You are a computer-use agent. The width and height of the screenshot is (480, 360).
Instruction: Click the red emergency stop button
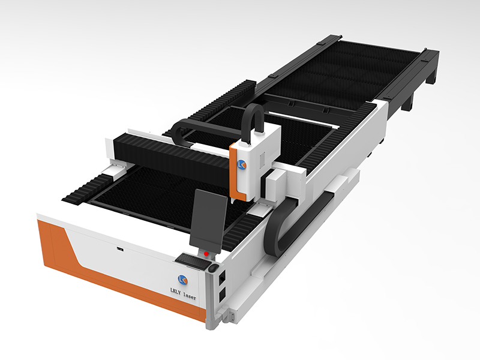206,253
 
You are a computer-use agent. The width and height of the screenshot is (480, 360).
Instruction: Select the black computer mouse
214,268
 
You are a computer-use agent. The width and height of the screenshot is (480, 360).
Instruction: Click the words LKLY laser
183,295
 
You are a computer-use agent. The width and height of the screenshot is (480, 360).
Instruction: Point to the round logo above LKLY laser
183,279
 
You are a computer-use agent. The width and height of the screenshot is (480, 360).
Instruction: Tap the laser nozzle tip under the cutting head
233,201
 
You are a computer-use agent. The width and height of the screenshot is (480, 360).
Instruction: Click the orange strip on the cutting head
236,172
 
